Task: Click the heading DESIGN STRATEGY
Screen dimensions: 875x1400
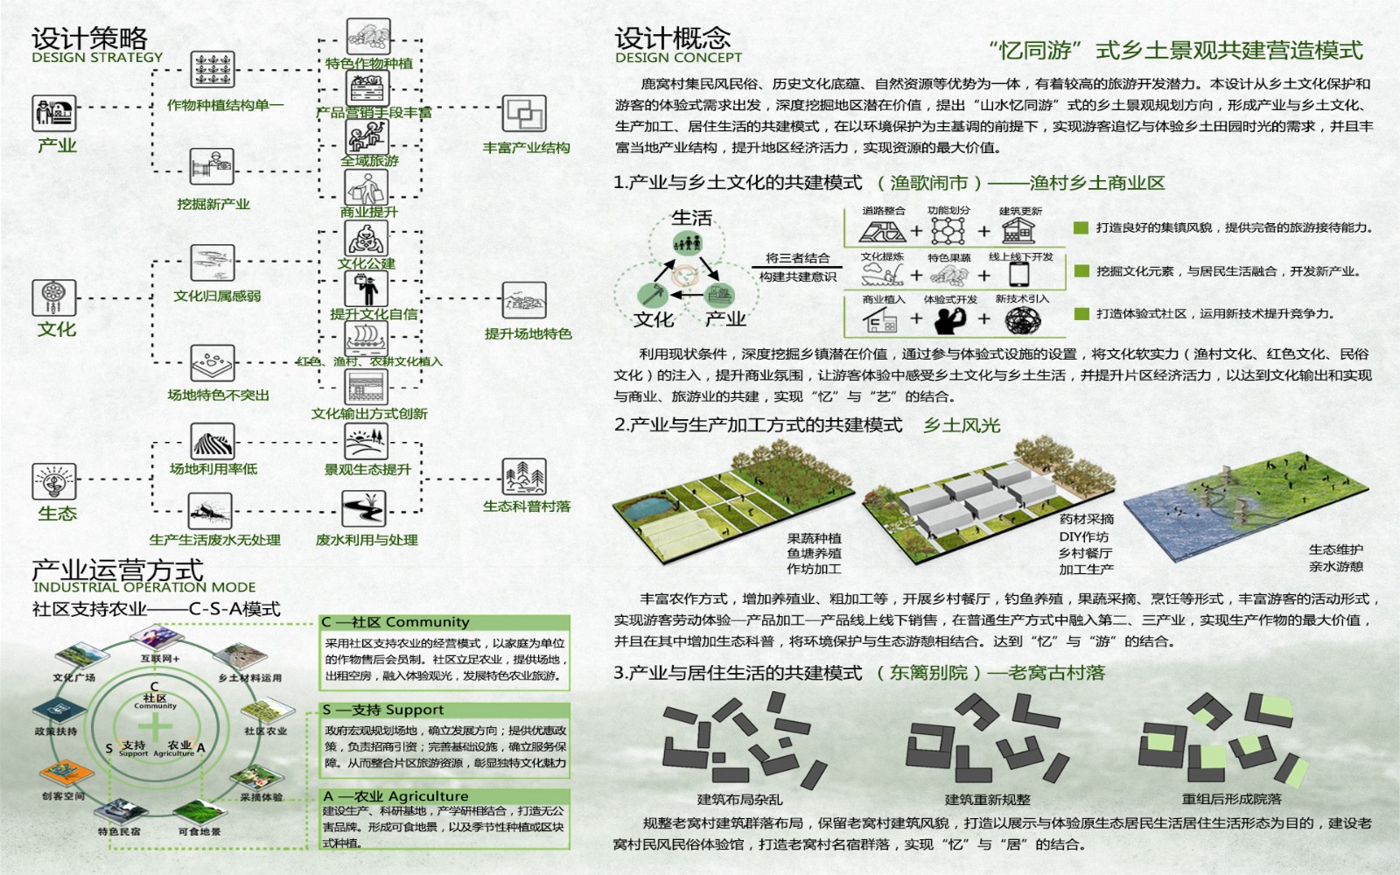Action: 97,58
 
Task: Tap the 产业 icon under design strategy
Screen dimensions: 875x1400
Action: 55,114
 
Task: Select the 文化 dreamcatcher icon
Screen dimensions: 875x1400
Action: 54,297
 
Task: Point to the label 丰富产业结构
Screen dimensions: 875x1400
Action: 526,148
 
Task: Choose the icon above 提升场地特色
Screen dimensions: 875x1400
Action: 524,301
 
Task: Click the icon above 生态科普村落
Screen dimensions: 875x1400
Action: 524,477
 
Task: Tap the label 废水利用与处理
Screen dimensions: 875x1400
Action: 367,540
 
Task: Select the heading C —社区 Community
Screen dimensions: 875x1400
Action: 395,622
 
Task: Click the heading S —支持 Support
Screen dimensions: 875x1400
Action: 383,710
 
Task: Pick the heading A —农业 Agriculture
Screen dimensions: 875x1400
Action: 395,796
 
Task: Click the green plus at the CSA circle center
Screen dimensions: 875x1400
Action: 155,726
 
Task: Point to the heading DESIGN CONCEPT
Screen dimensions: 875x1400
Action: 678,58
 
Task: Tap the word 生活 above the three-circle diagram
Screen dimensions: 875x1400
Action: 691,217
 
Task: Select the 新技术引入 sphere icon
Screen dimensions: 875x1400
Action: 1022,321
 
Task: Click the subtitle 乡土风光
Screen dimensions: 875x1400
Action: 962,425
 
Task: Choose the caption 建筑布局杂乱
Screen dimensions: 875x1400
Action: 739,799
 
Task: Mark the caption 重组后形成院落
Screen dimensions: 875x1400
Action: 1231,799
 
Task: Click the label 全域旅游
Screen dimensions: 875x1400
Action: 369,161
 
